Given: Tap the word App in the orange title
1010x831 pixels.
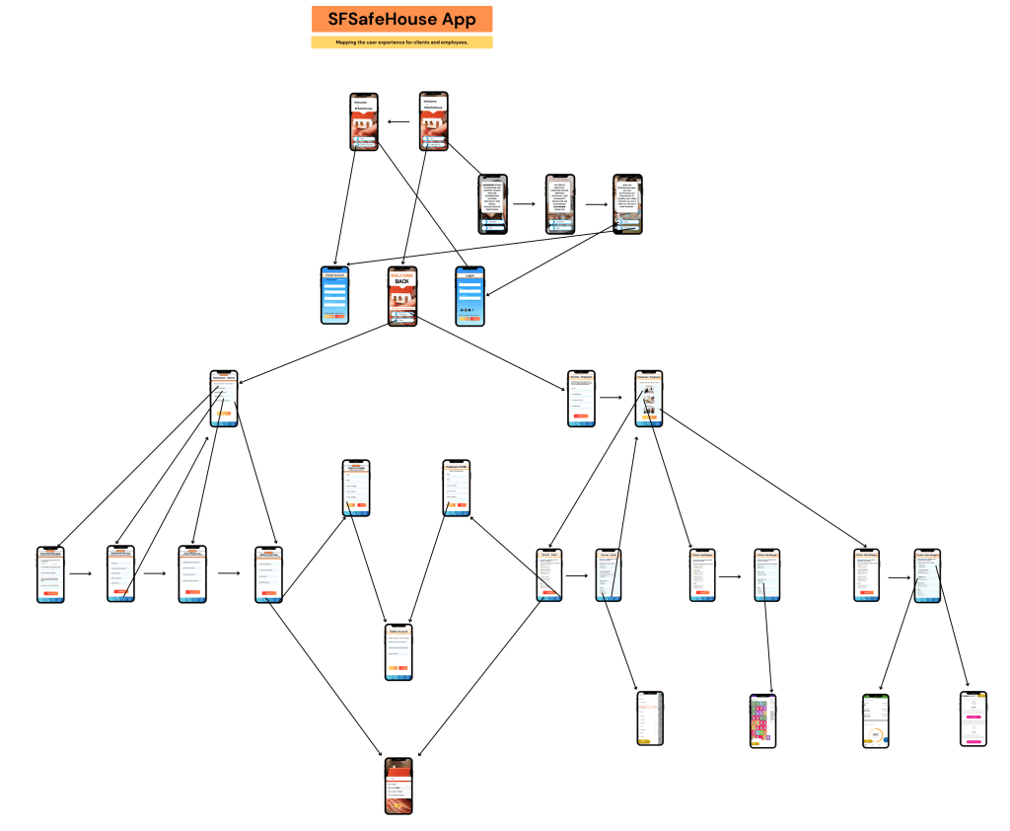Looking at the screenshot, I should coord(459,19).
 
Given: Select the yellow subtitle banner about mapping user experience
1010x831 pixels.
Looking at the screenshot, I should coord(401,42).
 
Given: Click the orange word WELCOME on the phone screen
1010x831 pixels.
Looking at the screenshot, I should coord(402,273).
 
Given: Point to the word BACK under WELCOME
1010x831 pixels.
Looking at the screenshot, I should coord(401,282).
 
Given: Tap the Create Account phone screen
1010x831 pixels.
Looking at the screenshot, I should coord(335,295).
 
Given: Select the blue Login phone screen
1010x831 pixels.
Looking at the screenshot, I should coord(469,295).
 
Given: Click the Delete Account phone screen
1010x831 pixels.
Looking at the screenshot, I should coord(398,652).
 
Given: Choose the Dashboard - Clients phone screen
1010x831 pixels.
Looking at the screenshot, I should coord(225,399).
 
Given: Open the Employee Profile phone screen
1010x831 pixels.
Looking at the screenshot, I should coord(457,488).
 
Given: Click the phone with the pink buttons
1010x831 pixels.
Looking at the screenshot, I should coord(974,718).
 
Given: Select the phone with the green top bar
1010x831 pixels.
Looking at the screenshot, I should coord(875,720).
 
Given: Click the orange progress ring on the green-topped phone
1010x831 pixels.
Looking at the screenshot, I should coord(876,735).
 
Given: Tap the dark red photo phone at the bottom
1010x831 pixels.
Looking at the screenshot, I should coord(398,786).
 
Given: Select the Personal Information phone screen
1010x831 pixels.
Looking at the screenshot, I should coord(50,574).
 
